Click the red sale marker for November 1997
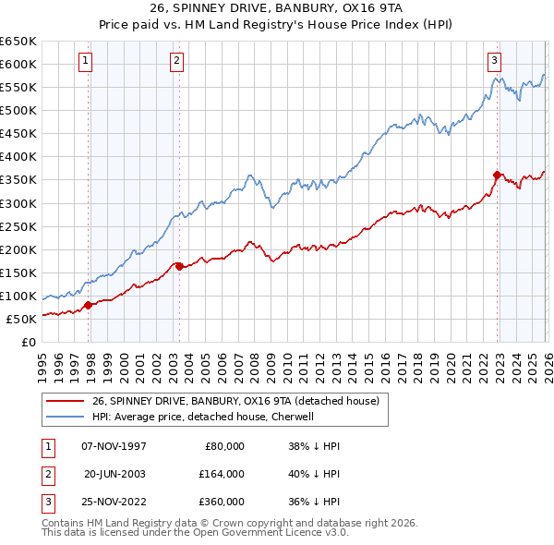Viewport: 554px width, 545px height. [x=89, y=305]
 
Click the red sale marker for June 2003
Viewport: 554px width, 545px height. [x=179, y=266]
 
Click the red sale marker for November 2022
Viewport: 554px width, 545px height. [x=497, y=175]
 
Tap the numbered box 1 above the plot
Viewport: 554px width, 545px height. [x=85, y=62]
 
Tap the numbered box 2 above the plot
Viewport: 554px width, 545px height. [x=175, y=62]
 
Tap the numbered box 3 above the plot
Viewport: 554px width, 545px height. [x=494, y=62]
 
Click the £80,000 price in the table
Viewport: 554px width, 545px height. [x=223, y=446]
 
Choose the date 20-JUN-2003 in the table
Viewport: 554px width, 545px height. [x=114, y=474]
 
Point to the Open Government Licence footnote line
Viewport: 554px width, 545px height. [x=195, y=533]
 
